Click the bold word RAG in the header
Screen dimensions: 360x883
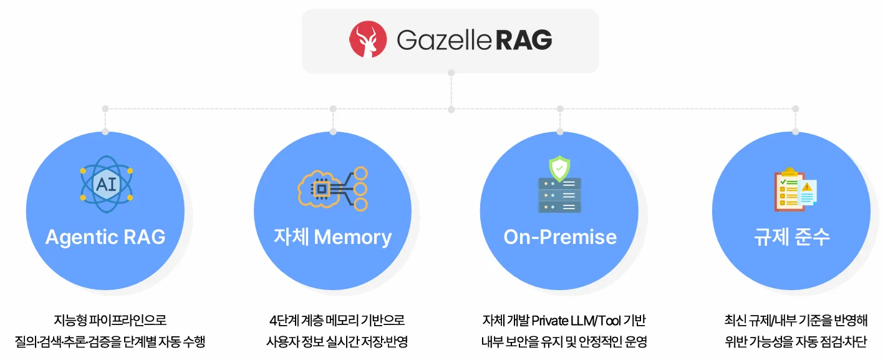coord(524,41)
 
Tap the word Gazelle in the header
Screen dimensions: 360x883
coord(444,41)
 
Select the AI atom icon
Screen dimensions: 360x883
coord(106,182)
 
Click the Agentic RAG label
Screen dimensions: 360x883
coord(105,237)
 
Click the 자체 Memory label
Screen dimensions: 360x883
coord(332,237)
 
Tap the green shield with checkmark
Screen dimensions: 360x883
coord(559,168)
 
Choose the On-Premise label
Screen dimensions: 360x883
coord(560,237)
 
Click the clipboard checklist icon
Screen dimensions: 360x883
coord(787,189)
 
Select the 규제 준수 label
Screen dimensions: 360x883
coord(791,237)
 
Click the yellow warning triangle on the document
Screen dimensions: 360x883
coord(807,187)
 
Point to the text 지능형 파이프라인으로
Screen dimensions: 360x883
coord(110,321)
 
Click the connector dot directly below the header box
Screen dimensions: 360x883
coord(451,73)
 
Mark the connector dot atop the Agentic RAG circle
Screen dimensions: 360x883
coord(105,132)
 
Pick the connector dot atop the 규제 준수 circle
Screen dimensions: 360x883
coord(795,132)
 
